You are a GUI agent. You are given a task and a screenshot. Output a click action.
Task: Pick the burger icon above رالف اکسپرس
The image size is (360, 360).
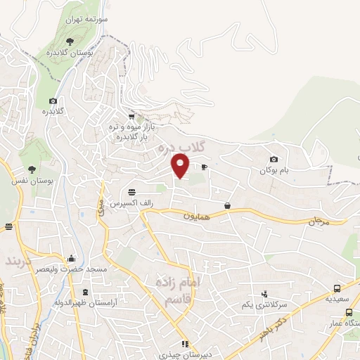point(131,192)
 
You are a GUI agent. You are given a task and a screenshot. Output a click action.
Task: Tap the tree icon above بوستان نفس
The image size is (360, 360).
point(32,169)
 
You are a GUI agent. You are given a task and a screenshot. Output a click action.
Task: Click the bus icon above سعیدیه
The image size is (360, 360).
point(337,288)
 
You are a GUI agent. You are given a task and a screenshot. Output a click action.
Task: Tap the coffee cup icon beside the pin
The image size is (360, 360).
point(205,167)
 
